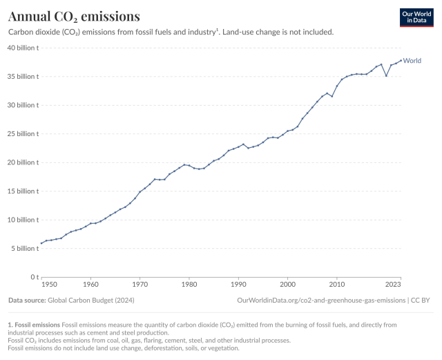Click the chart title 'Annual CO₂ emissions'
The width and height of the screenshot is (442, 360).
(x=74, y=16)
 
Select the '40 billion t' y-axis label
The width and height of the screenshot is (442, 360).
(x=23, y=48)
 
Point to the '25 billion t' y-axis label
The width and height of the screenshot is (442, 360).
(x=23, y=133)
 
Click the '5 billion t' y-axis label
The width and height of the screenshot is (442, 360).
(x=25, y=248)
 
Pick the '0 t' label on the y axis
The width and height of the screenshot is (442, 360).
(x=32, y=276)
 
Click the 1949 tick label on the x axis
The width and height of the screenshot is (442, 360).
(x=48, y=284)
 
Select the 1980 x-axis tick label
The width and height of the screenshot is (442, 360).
(x=189, y=284)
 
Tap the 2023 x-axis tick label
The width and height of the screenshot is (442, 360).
(x=394, y=284)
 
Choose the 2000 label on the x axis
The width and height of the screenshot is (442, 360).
(x=287, y=284)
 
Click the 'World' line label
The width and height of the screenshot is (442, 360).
(x=412, y=61)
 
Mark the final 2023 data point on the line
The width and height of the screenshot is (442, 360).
(x=401, y=60)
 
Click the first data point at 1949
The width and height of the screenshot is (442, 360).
(x=41, y=243)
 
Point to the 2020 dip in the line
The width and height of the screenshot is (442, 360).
(x=386, y=75)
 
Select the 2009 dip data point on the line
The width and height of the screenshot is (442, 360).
(x=332, y=96)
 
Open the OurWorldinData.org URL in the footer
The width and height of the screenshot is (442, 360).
(x=321, y=301)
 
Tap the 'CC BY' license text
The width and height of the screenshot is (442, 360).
(x=421, y=301)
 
